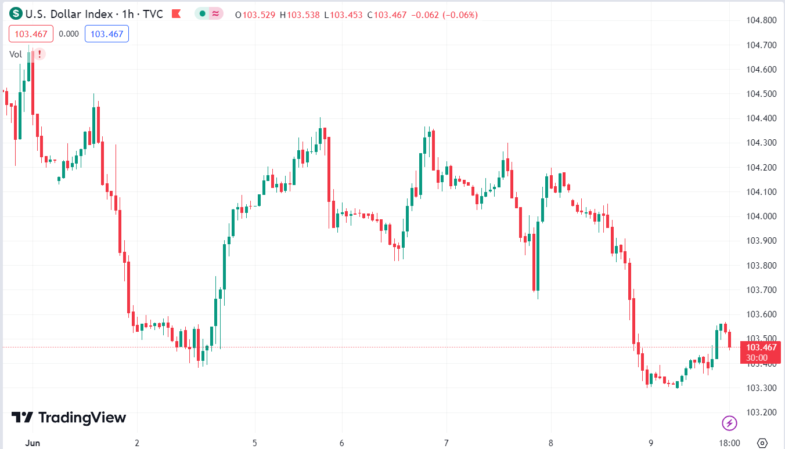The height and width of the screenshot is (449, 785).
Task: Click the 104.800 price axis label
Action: click(x=761, y=20)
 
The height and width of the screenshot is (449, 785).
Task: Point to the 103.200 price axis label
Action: click(x=761, y=412)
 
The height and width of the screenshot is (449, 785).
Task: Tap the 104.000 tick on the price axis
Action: click(x=761, y=216)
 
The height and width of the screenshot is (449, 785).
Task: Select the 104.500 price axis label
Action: click(x=761, y=94)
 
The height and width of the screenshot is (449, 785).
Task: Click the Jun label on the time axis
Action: click(x=33, y=443)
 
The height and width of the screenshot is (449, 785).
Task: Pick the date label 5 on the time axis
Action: click(x=255, y=443)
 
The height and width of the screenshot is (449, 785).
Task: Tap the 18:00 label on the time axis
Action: click(x=729, y=443)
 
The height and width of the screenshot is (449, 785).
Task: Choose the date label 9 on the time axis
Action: click(x=651, y=443)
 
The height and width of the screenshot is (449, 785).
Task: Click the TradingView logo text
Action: click(x=69, y=418)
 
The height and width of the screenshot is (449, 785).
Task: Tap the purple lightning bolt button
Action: click(x=729, y=423)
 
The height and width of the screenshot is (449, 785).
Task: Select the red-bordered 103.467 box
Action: click(x=31, y=34)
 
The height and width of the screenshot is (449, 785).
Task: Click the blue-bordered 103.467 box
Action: click(x=107, y=34)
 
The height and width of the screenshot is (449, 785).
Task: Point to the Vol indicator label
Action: click(x=16, y=55)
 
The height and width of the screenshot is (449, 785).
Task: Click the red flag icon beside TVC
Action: click(x=177, y=15)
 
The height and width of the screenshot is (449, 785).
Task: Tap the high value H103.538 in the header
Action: click(x=300, y=15)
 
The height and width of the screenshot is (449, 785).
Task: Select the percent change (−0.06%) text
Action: click(x=460, y=15)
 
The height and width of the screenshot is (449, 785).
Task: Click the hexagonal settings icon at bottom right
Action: click(x=763, y=443)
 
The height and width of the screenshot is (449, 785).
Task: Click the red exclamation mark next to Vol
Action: click(x=39, y=55)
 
